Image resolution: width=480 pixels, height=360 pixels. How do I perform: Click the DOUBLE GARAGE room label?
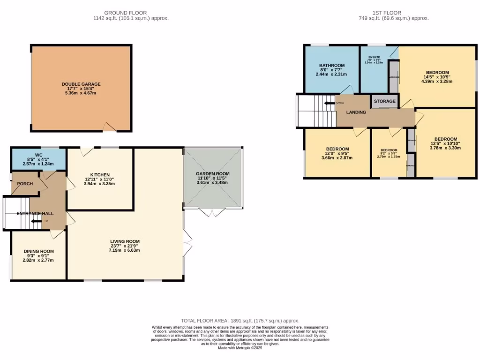point(81,84)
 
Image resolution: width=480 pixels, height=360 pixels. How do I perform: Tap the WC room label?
point(38,155)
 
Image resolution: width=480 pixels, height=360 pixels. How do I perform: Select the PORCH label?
point(25,184)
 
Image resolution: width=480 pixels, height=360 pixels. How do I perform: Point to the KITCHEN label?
point(99,174)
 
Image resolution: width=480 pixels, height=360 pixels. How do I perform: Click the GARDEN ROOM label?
point(213,173)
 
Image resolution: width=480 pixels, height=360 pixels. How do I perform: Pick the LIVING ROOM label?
point(125,241)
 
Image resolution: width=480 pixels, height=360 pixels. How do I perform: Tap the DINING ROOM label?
point(38,251)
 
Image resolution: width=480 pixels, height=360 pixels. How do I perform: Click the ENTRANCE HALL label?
point(35,214)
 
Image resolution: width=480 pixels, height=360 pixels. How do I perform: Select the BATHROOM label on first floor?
point(332,65)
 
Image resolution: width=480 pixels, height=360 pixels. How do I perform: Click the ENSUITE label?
point(374,57)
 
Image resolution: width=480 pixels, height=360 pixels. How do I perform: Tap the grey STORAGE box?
point(384,101)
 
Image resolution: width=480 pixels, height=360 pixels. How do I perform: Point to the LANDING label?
point(356,112)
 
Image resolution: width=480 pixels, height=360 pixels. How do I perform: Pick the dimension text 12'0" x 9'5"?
point(337,153)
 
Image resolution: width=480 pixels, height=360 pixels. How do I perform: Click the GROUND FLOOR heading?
point(125,13)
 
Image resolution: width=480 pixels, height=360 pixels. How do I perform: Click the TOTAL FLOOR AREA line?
point(240,321)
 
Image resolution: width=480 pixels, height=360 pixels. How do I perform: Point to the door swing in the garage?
point(109,126)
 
